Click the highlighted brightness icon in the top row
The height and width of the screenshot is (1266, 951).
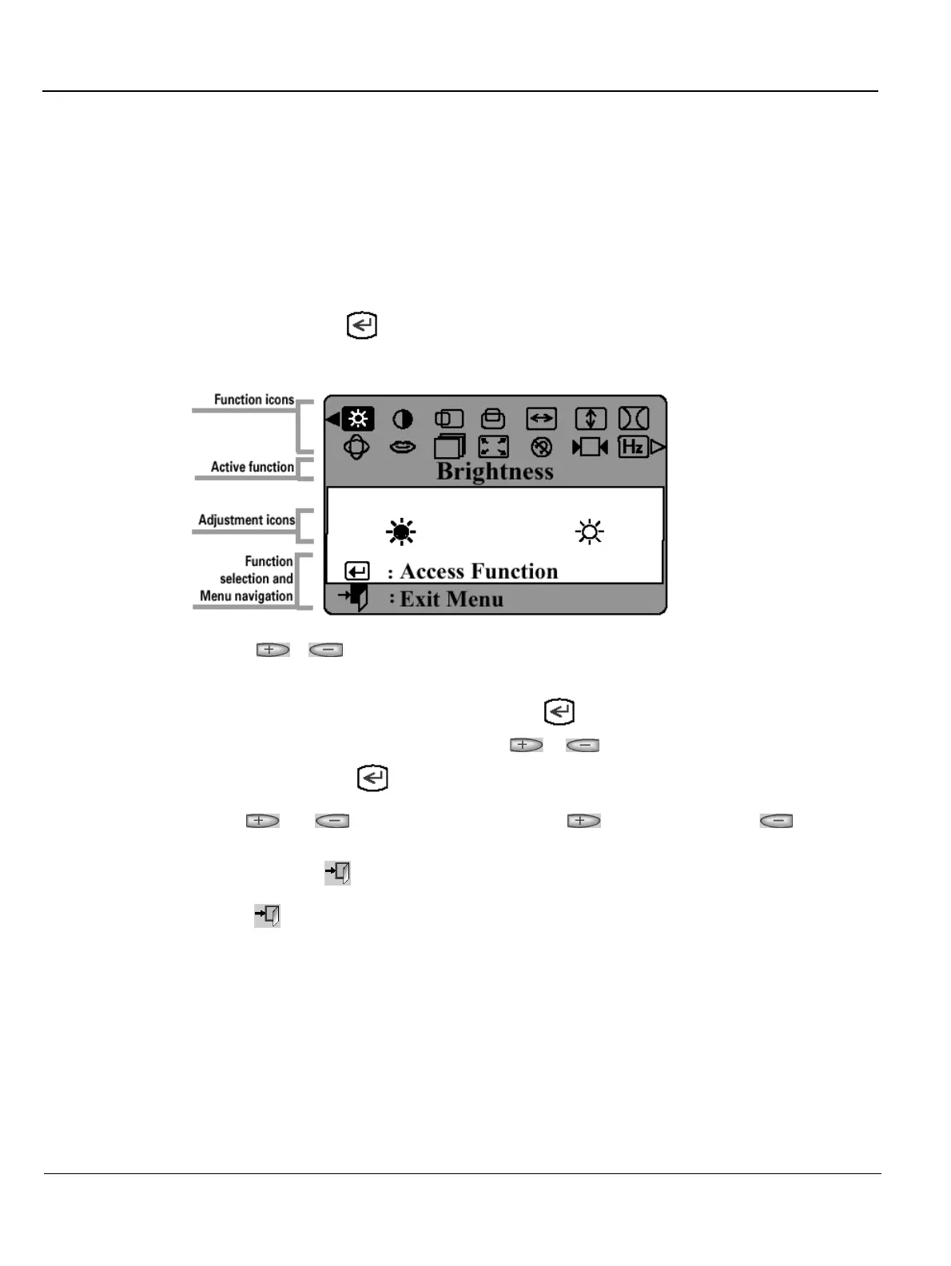357,418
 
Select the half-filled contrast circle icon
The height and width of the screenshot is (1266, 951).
403,419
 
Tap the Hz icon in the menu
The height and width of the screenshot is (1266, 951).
632,447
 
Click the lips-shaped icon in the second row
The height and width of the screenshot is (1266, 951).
402,447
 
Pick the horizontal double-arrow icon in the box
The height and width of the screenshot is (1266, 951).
541,419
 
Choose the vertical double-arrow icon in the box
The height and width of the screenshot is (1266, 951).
591,419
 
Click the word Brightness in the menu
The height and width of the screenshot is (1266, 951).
495,472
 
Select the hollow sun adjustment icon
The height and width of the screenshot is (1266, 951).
590,531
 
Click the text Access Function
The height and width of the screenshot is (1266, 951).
479,571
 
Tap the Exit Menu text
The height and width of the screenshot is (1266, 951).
452,599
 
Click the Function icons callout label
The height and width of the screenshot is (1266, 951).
253,400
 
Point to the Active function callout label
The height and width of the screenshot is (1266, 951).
252,467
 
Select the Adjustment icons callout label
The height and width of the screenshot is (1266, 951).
246,520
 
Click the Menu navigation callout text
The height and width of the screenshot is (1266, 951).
246,596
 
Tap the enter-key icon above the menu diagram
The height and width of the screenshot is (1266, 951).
362,326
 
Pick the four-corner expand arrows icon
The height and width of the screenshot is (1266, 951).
493,447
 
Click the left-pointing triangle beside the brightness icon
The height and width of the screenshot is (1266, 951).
332,418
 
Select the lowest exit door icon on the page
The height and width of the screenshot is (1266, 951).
268,915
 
